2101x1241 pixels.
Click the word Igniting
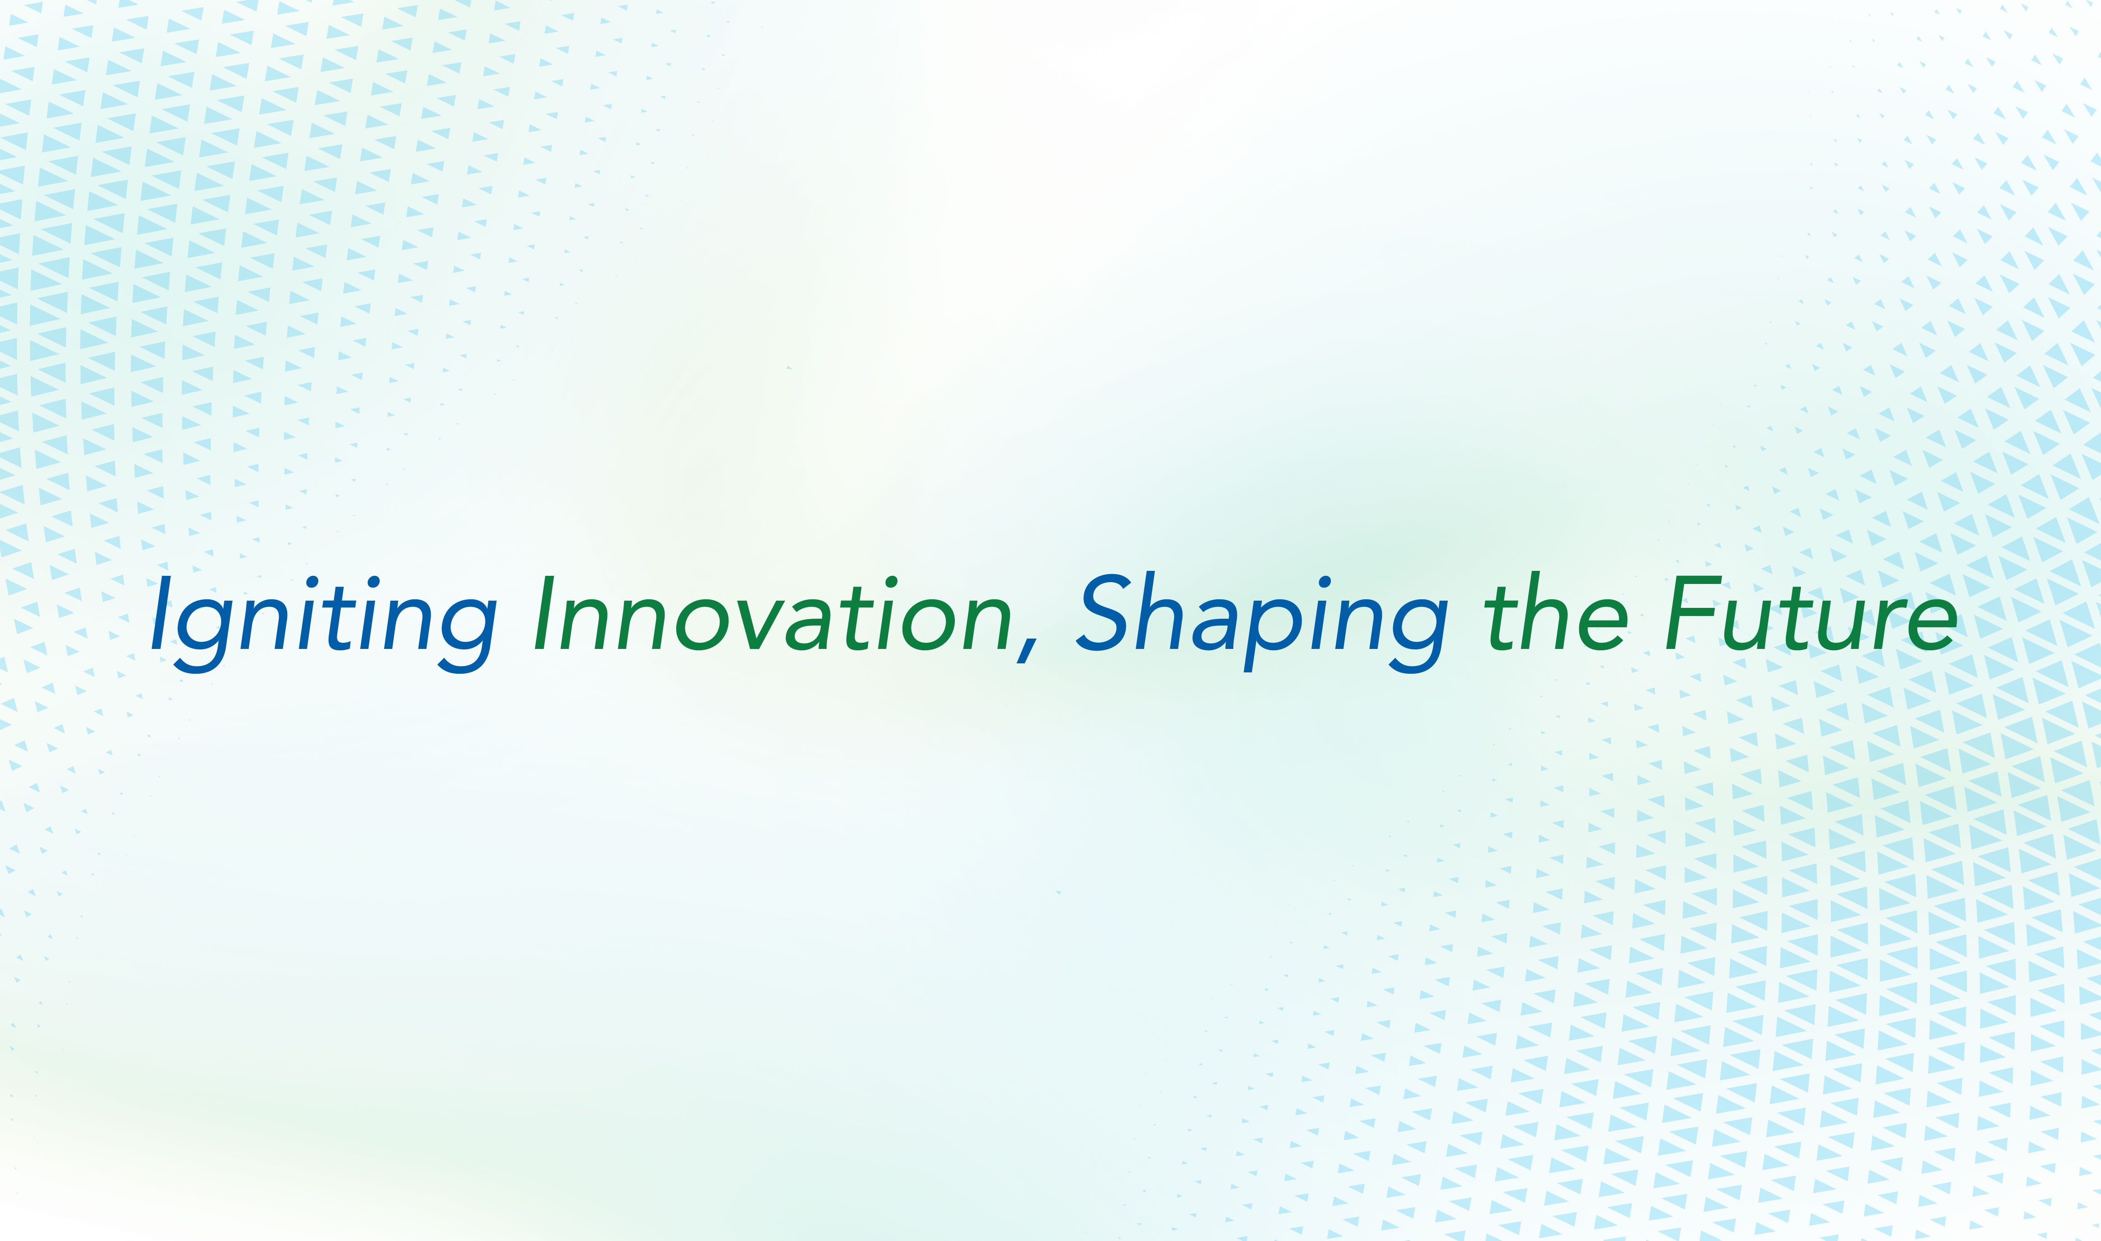(x=324, y=623)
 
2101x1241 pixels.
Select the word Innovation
(x=774, y=613)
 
